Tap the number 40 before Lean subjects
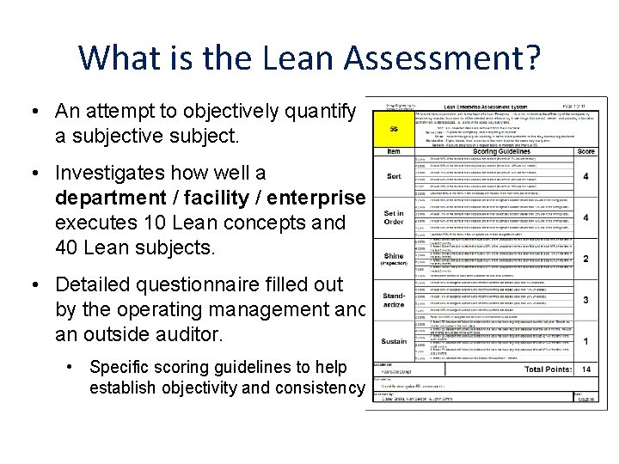67,247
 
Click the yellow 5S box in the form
393,130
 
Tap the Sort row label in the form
393,176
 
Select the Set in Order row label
393,217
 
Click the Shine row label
393,259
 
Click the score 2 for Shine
585,259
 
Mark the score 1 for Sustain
585,341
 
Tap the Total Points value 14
585,369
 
